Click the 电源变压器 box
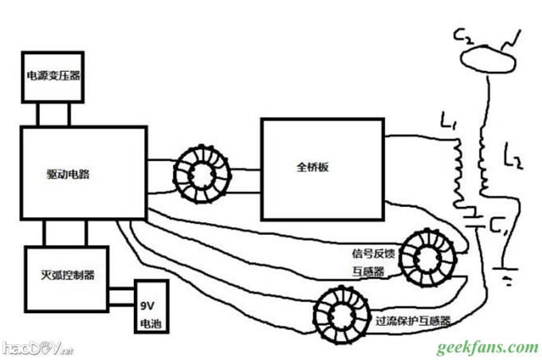53,76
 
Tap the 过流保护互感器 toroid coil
343,312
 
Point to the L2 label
514,158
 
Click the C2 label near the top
462,36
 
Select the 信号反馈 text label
374,254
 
